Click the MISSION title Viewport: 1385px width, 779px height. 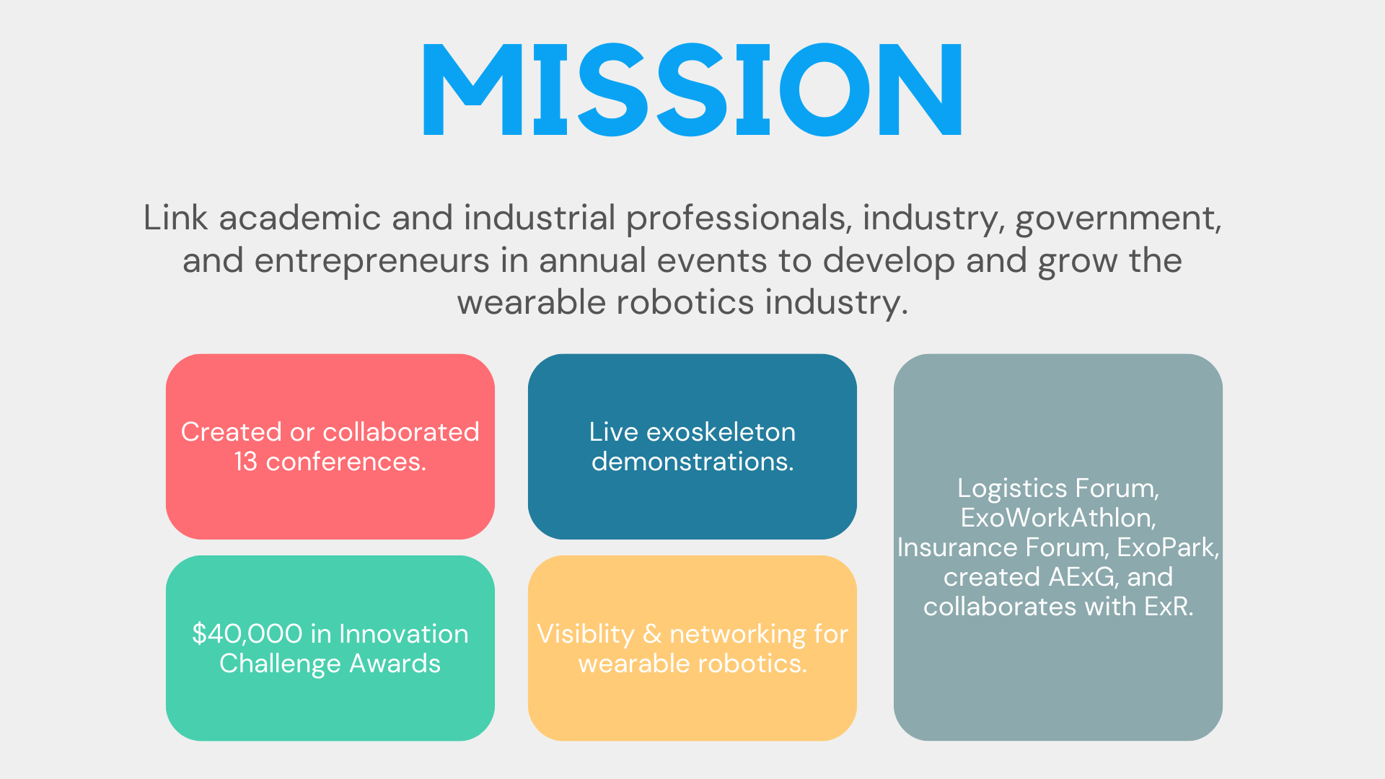click(692, 89)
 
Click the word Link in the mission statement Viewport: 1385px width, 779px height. click(175, 217)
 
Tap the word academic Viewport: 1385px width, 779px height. click(299, 217)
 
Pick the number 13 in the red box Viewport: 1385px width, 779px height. click(245, 462)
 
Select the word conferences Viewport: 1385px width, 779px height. click(346, 462)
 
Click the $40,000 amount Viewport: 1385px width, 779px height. click(247, 634)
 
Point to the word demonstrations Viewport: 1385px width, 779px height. click(692, 462)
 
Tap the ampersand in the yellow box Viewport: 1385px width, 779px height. click(652, 634)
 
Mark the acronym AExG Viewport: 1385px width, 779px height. click(1083, 577)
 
